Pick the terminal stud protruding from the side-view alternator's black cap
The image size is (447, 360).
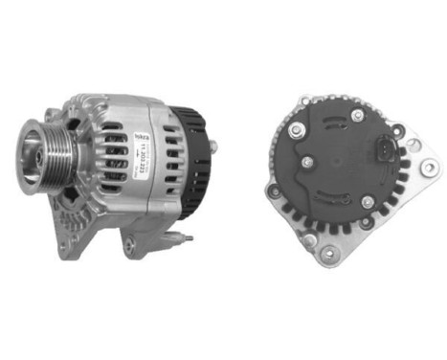click(x=212, y=146)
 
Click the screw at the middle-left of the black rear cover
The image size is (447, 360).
click(x=306, y=162)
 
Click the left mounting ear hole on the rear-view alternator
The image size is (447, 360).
click(x=276, y=191)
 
